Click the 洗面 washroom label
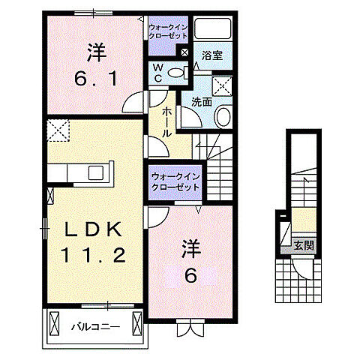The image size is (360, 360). tap(200, 101)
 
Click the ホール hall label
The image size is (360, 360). tap(160, 121)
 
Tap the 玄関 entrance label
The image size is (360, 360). tap(303, 244)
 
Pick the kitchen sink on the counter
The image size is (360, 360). tap(96, 173)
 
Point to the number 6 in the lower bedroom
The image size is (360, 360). tap(191, 275)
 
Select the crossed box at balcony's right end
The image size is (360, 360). tap(136, 323)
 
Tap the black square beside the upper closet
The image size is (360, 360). tap(185, 52)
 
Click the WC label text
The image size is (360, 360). tap(158, 72)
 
